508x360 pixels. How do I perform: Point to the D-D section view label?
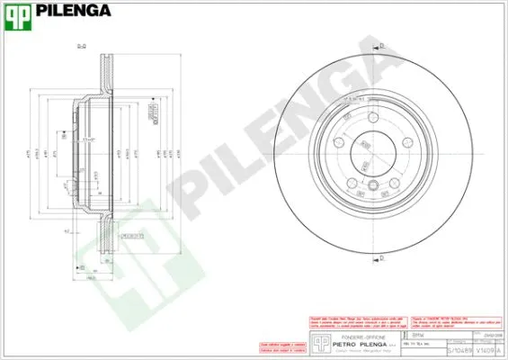81,46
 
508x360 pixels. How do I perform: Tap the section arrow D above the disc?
380,44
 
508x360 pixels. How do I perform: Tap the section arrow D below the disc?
380,258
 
